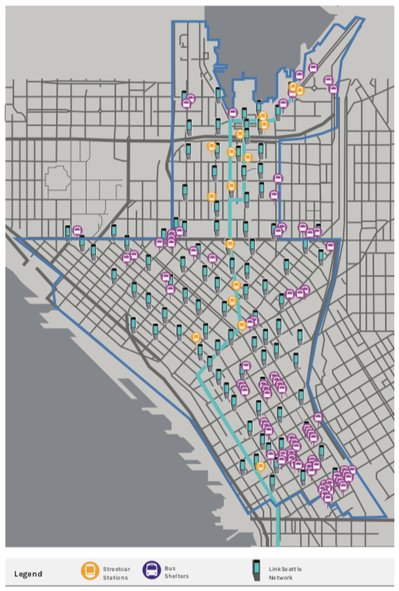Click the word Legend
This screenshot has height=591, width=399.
pos(28,574)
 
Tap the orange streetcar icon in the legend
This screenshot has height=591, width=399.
pos(90,571)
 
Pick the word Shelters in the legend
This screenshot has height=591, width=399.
pos(176,576)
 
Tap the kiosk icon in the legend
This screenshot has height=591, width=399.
pos(256,570)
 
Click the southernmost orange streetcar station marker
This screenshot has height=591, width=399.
pos(260,465)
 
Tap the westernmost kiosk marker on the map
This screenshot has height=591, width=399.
pos(68,230)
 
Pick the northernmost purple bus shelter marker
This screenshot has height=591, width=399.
pos(313,68)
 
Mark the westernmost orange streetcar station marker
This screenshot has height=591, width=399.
pos(196,336)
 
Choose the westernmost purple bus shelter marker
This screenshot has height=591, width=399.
pos(77,230)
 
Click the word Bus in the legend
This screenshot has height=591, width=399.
pos(169,568)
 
